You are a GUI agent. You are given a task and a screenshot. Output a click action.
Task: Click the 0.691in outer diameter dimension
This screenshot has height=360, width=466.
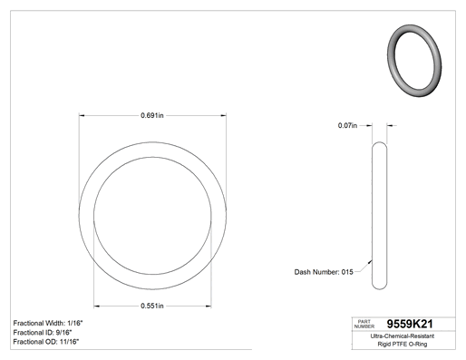point(152,115)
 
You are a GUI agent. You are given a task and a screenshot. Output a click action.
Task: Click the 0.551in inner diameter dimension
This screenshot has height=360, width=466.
point(152,306)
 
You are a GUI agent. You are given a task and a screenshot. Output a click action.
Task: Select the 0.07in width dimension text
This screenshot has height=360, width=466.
point(347,125)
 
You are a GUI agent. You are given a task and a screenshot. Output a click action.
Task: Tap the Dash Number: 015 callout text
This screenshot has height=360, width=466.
point(324,272)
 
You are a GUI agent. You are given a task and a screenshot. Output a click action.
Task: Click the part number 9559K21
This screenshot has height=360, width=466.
point(410,324)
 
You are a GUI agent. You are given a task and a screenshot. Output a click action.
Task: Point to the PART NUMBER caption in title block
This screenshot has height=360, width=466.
point(364,324)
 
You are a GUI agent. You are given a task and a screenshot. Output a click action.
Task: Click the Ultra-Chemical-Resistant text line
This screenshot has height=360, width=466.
point(403,336)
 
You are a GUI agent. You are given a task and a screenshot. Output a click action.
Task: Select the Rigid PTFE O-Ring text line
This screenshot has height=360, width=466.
point(403,345)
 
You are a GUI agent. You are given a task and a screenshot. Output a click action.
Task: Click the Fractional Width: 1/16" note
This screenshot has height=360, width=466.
point(48,323)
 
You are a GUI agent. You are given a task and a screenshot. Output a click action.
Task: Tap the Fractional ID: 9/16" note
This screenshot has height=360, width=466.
point(43,333)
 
